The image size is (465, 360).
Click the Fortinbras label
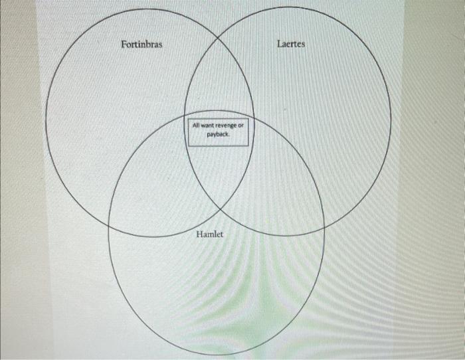coord(141,45)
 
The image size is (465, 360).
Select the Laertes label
coord(291,45)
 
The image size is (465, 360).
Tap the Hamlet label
coord(210,235)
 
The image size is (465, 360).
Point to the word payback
coord(218,134)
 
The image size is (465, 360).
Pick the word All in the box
coord(196,126)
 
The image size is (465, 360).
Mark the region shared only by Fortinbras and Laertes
coord(219,80)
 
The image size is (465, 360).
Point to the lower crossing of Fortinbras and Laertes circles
coord(220,208)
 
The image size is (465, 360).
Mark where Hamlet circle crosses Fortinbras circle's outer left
coord(110,223)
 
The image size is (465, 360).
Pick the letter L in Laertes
coord(279,45)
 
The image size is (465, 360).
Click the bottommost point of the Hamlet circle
coord(217,355)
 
